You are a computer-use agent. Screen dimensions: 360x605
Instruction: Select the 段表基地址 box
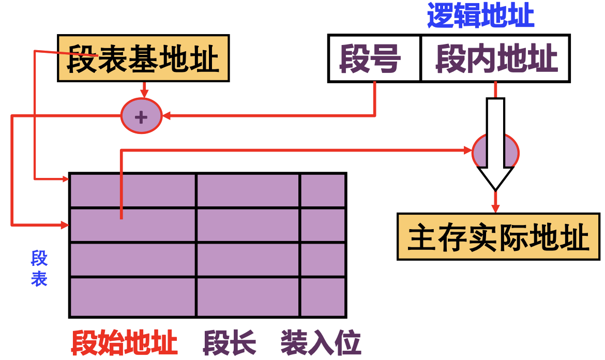[x=143, y=58]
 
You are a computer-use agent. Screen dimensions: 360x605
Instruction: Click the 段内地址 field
[x=495, y=58]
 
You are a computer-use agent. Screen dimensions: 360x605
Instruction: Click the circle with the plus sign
[x=141, y=116]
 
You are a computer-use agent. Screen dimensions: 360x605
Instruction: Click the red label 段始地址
[x=124, y=342]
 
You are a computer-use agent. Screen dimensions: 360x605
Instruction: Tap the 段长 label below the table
[x=230, y=342]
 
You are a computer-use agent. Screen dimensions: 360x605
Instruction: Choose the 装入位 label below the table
[x=321, y=342]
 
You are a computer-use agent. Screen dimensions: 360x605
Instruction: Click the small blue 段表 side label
[x=39, y=268]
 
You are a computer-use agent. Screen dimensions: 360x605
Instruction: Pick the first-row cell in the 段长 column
[x=248, y=190]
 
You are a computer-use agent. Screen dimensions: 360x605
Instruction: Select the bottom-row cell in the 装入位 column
[x=323, y=297]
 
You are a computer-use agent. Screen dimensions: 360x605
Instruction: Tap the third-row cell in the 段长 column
[x=248, y=260]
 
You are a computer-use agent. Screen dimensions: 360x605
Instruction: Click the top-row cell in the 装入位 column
[x=323, y=190]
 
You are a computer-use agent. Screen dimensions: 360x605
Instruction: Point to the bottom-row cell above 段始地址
[x=132, y=297]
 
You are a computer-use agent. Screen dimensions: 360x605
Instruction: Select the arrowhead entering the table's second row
[x=66, y=225]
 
